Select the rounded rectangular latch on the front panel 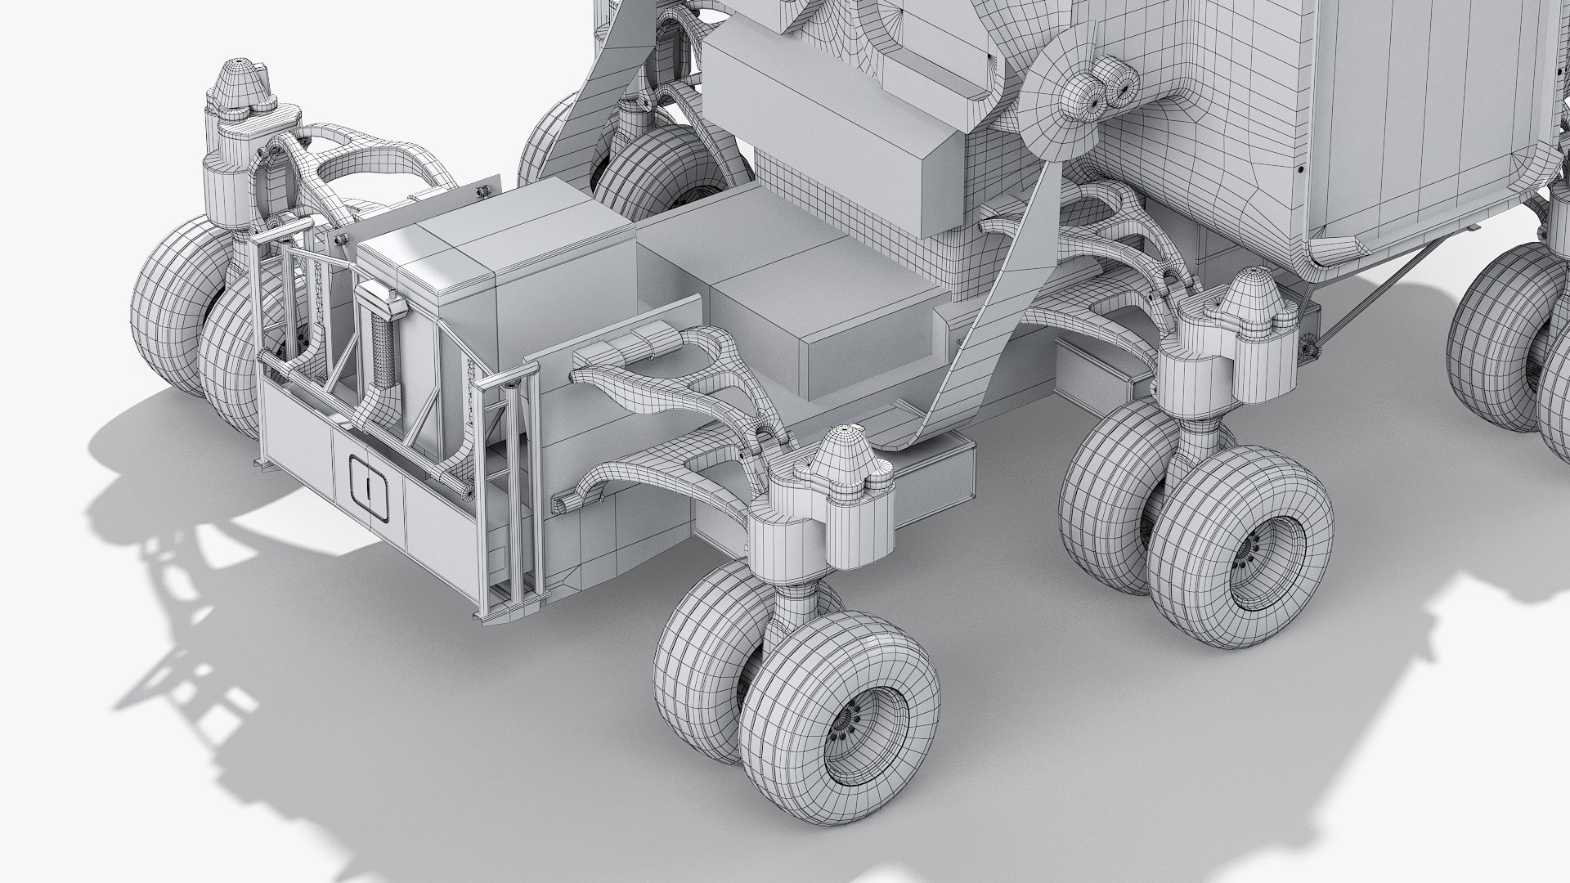click(370, 486)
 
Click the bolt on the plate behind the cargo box click(482, 190)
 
